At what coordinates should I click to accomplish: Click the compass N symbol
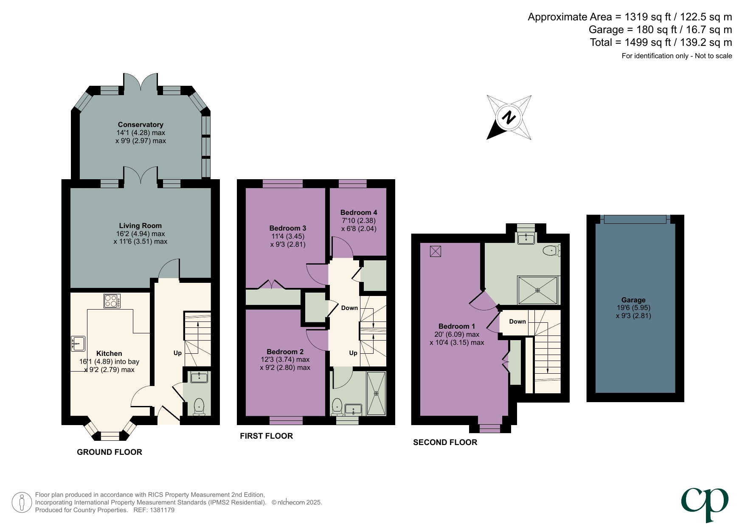click(509, 117)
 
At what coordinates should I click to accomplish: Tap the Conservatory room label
click(141, 124)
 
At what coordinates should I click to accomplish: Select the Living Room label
click(140, 225)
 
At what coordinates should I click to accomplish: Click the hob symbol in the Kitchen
click(112, 301)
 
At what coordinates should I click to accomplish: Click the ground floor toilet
click(199, 406)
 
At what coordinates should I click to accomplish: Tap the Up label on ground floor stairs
click(177, 353)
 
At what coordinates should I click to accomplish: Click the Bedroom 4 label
click(358, 212)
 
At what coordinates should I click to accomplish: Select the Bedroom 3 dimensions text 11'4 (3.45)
click(288, 236)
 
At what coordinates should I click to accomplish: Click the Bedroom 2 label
click(285, 352)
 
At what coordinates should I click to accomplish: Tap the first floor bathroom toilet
click(337, 406)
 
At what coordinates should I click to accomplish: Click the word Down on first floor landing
click(349, 308)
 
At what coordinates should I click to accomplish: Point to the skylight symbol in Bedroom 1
click(436, 251)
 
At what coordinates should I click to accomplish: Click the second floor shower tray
click(537, 290)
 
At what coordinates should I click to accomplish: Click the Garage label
click(633, 300)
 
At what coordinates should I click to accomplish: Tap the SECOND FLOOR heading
click(445, 442)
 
